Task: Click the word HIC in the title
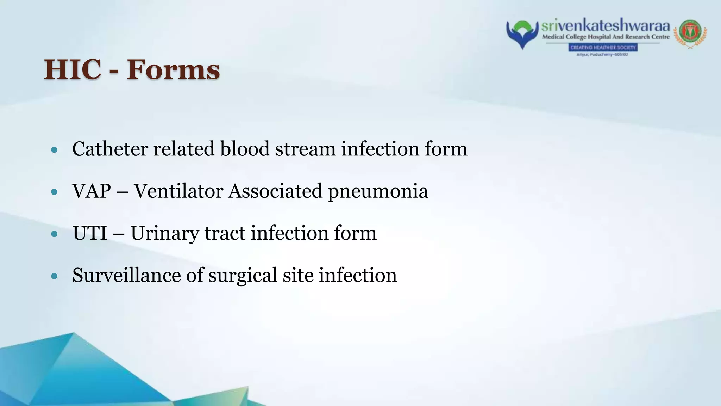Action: [x=73, y=69]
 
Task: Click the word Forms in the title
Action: [x=173, y=69]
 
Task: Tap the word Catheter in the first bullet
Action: [x=110, y=149]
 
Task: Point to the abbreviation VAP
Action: [x=91, y=191]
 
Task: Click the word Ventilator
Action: [x=178, y=191]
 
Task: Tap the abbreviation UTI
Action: [x=90, y=233]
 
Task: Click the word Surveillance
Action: [x=126, y=275]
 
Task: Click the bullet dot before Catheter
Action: [x=54, y=150]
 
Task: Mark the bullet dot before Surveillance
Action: [x=54, y=276]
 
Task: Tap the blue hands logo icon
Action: [x=522, y=34]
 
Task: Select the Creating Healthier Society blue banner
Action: [x=603, y=47]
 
